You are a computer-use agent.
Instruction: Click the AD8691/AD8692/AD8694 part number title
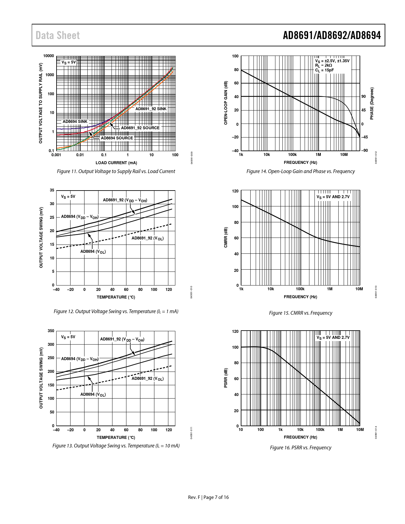coord(332,35)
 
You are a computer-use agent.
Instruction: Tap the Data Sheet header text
coord(57,35)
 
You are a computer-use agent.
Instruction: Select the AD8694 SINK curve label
coord(75,122)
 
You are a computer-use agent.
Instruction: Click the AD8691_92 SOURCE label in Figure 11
coord(140,128)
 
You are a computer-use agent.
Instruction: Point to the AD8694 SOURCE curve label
coord(117,138)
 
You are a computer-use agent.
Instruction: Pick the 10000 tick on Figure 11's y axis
coord(49,56)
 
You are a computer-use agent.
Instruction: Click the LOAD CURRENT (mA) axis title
coord(116,163)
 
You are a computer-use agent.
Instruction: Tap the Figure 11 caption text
coord(116,171)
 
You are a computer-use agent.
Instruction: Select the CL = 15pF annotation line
coord(324,70)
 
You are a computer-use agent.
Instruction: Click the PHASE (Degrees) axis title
coord(372,104)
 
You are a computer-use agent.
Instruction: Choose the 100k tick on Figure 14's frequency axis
coord(292,155)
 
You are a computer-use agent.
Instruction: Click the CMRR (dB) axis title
coord(226,238)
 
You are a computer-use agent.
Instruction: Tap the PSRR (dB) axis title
coord(226,378)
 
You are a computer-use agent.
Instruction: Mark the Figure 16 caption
coord(300,448)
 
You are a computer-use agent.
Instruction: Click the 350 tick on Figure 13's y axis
coord(51,331)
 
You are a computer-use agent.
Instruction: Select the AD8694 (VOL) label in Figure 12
coord(93,252)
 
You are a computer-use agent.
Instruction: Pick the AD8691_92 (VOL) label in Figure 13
coord(147,379)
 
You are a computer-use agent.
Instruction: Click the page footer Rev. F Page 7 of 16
coord(208,497)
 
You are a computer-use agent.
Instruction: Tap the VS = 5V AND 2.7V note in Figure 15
coord(333,197)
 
